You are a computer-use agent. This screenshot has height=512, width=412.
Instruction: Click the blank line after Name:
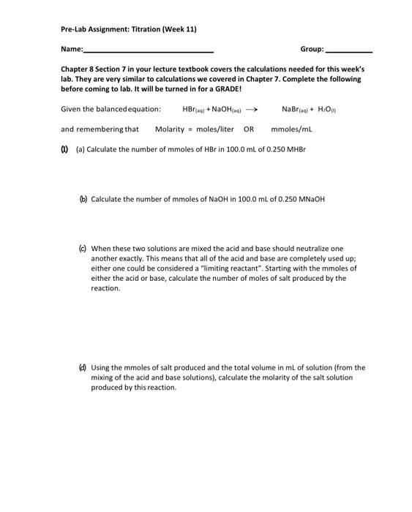(x=149, y=51)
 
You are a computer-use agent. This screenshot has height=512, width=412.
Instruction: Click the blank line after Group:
(x=348, y=51)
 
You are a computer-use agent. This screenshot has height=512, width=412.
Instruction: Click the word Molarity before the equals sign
(x=170, y=129)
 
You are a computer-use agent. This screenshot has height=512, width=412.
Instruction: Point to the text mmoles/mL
(x=291, y=129)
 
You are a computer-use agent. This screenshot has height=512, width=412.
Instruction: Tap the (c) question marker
(x=83, y=249)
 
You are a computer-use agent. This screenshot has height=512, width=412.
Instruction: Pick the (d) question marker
(x=83, y=368)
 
